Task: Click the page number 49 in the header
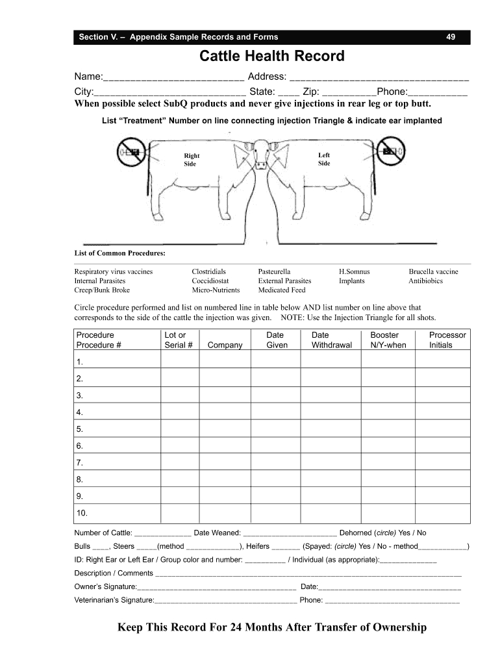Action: click(450, 37)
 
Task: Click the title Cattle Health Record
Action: click(271, 56)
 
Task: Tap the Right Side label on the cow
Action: click(192, 160)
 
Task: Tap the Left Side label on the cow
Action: click(324, 159)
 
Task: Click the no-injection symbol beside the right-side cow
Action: click(132, 152)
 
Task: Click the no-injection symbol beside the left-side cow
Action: click(391, 151)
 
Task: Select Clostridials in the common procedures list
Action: click(208, 271)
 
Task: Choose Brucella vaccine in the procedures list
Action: click(433, 271)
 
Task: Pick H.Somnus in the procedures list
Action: click(355, 271)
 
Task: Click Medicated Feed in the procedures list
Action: click(281, 290)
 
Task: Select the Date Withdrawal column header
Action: click(331, 340)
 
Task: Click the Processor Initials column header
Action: click(447, 340)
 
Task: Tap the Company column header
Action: click(225, 345)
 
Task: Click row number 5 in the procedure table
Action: click(80, 429)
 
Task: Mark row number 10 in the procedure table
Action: click(82, 514)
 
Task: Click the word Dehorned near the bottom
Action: click(356, 533)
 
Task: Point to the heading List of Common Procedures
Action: click(119, 253)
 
